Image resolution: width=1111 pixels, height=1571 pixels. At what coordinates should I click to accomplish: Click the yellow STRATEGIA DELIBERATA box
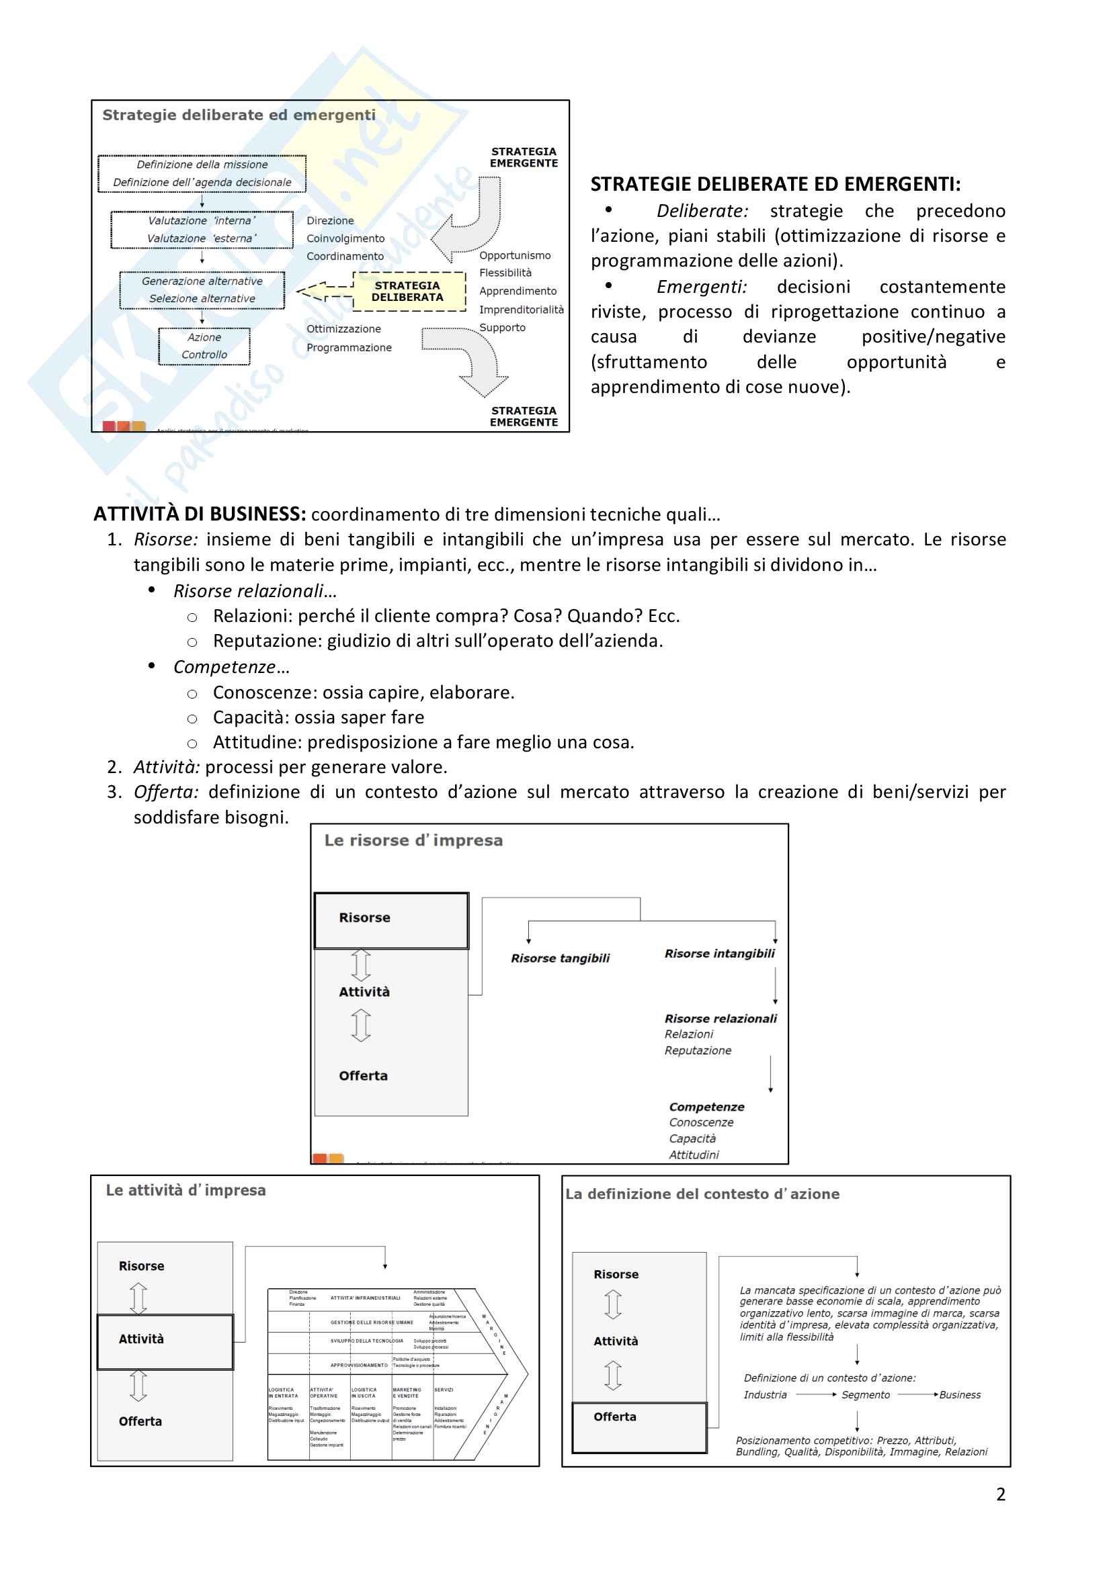[408, 291]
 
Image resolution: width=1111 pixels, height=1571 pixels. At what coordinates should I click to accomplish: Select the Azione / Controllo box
[204, 346]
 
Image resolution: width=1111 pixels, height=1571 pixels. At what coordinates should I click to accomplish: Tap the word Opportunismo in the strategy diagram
[515, 255]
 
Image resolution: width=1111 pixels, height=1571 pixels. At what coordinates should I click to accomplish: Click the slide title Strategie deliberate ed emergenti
[239, 115]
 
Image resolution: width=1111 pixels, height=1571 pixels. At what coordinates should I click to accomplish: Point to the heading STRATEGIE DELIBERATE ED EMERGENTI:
[775, 184]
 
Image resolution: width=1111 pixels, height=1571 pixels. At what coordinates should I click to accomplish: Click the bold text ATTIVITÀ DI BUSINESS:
[199, 514]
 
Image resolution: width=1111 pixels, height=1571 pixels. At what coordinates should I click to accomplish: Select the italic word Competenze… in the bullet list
[231, 667]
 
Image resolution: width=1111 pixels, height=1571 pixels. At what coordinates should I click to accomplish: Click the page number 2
[1000, 1494]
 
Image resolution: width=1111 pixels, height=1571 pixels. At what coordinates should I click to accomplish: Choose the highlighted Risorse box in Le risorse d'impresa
[391, 920]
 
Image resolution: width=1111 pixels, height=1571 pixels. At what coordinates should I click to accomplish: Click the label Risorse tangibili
[560, 958]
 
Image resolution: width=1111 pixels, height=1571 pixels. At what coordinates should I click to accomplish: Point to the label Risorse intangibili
[719, 954]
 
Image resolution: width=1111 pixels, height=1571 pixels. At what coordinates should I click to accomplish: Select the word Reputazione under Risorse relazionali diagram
[698, 1050]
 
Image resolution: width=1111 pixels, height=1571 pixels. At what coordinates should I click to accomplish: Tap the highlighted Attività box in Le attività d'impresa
[165, 1342]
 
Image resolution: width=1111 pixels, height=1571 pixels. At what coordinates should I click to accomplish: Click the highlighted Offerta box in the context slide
[639, 1427]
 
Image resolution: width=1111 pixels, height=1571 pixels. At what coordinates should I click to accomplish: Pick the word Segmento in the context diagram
[865, 1395]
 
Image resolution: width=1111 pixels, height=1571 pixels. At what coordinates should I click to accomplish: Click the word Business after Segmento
[960, 1395]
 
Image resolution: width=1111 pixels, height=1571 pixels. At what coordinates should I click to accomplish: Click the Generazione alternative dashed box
[202, 290]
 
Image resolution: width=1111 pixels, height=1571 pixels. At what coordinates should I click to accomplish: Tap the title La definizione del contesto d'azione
[702, 1194]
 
